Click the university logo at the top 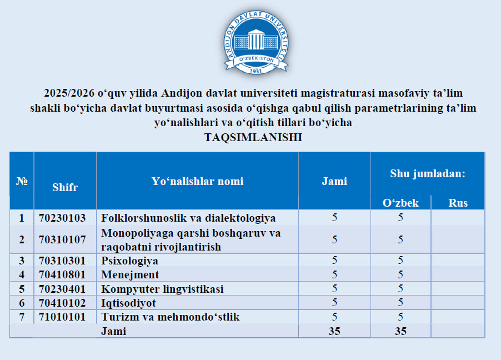[x=256, y=42]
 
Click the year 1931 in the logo [x=255, y=71]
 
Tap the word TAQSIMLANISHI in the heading [x=253, y=137]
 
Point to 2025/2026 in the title [x=69, y=93]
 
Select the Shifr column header [x=65, y=187]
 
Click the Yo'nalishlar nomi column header [x=198, y=181]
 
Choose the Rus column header [x=458, y=203]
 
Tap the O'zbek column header [x=400, y=203]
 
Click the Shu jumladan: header [x=428, y=173]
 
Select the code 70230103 [x=62, y=218]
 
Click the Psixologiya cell [x=130, y=261]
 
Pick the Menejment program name [x=130, y=274]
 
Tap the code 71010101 [x=62, y=317]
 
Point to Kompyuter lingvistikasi [x=162, y=289]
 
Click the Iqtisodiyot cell [x=128, y=303]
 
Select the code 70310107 [x=62, y=239]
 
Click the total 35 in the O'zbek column [x=400, y=331]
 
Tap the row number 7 [x=22, y=317]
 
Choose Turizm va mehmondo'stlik [x=171, y=317]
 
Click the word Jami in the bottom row [x=113, y=331]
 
